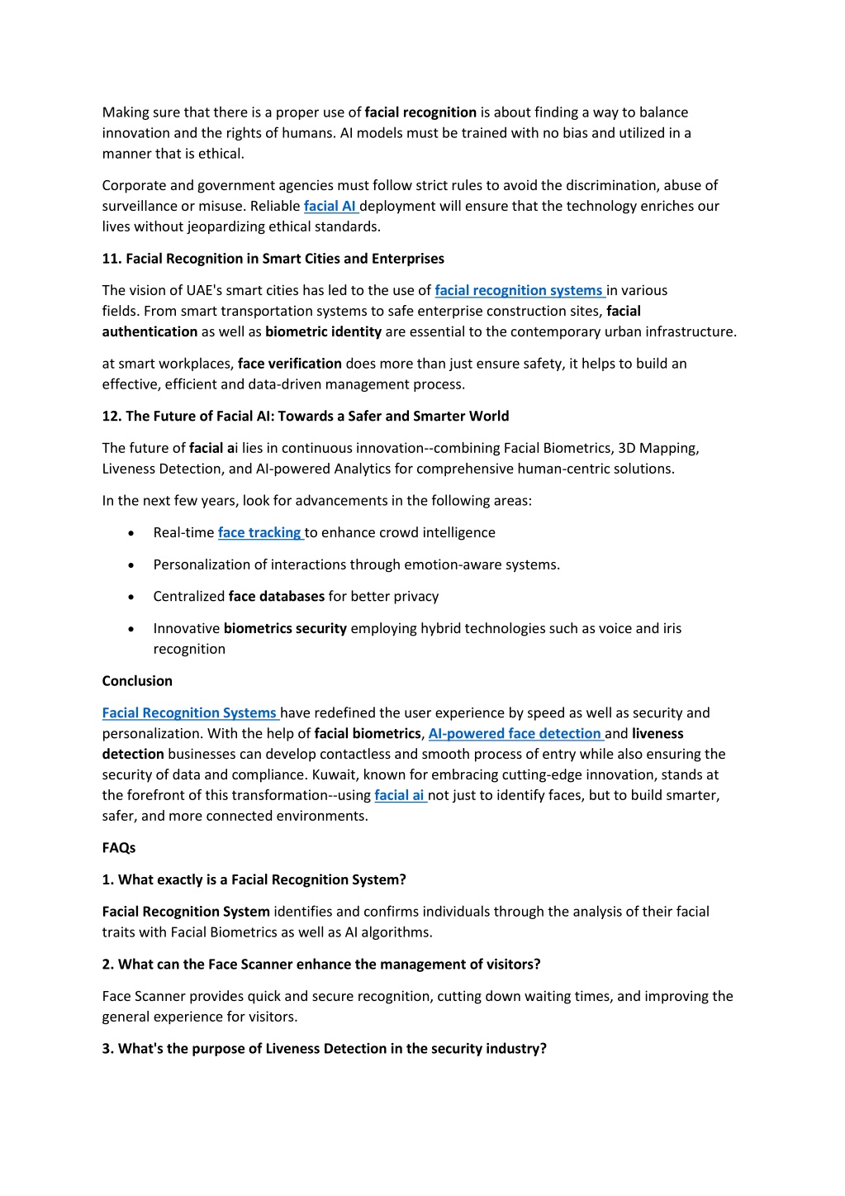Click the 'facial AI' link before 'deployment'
point(330,206)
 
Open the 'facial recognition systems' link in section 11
point(519,290)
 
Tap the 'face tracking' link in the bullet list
point(259,532)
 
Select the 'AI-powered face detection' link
point(515,733)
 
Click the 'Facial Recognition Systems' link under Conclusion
point(189,712)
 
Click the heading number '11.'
point(112,259)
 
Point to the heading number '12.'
point(112,416)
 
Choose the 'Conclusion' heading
point(137,681)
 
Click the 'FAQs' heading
point(119,847)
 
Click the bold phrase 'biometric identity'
point(323,331)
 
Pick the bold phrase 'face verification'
point(289,364)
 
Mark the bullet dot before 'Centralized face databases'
point(131,597)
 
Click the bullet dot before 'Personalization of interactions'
point(131,565)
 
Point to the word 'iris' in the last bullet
point(672,628)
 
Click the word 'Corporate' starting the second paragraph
point(135,185)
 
